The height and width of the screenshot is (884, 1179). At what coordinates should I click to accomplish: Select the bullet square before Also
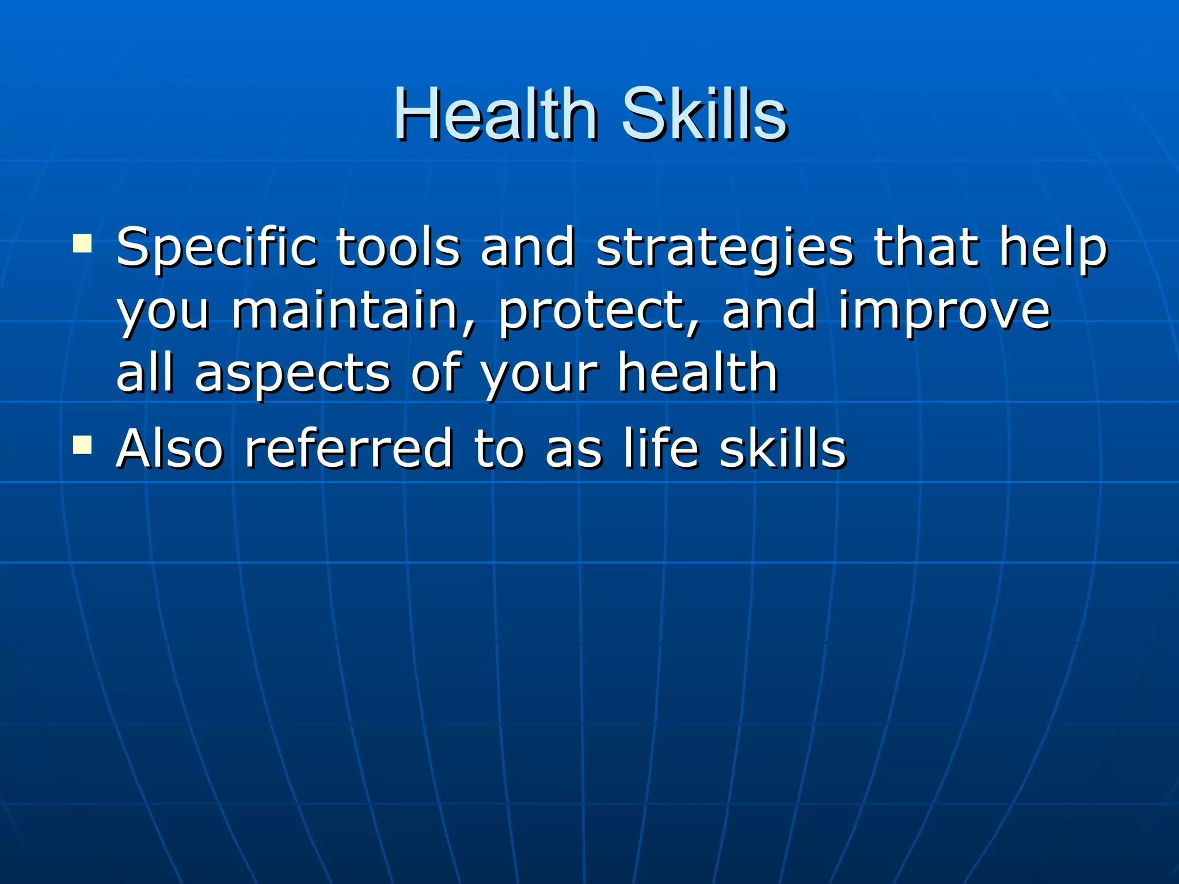pos(82,445)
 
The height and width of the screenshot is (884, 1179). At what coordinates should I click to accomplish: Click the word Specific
pos(216,249)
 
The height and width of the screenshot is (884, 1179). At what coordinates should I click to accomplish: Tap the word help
pos(1052,249)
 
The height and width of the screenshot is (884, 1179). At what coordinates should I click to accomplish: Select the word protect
pos(599,313)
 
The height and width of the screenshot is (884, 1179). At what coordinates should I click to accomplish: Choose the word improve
pos(944,313)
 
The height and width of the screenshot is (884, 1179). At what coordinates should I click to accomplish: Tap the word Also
pos(169,448)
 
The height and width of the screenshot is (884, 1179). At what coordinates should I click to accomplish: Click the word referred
pos(349,448)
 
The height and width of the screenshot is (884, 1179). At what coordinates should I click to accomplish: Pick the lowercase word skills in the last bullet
pos(783,448)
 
